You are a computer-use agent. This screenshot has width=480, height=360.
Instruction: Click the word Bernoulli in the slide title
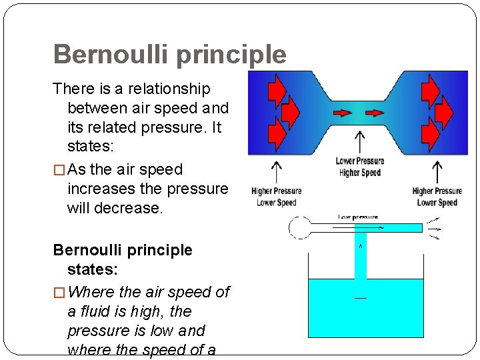coord(111,54)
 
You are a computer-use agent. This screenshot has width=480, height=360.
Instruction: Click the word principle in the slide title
coord(231,55)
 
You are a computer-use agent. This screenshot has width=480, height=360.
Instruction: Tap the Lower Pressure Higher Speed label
coord(360,167)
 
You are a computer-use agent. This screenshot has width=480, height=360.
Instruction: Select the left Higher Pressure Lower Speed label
coord(277,197)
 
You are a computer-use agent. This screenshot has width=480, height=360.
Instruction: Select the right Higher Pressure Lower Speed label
coord(437,197)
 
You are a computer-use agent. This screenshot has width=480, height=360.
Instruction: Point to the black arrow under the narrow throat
coord(360,141)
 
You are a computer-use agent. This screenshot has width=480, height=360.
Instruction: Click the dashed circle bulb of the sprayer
coord(299,228)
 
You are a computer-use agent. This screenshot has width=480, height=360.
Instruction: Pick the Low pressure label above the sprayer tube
coord(358,217)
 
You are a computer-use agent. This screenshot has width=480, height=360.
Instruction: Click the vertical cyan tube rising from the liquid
coord(361,257)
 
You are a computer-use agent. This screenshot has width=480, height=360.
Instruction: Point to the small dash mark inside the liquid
coord(361,297)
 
